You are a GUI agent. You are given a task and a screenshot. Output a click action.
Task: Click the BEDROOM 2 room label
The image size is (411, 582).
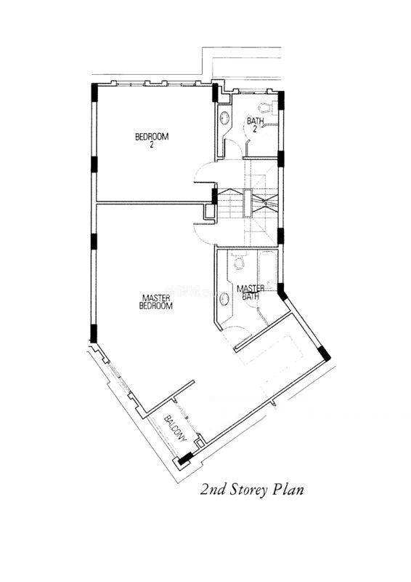point(152,140)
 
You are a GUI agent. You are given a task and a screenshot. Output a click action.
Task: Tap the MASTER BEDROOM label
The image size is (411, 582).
point(156,302)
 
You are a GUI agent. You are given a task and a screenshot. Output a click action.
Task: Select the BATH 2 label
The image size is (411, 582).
point(256,124)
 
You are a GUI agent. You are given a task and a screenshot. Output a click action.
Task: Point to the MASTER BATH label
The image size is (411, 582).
point(251,292)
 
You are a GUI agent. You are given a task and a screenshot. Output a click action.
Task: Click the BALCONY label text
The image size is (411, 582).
point(175,428)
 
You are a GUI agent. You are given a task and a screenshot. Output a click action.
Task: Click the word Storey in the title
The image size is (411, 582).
point(248,490)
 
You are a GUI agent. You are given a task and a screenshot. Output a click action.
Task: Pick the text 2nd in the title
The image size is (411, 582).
point(213,490)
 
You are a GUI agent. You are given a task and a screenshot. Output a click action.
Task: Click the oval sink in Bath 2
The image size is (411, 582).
point(224,118)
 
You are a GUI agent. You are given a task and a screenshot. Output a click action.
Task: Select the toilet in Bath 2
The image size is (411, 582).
point(266,108)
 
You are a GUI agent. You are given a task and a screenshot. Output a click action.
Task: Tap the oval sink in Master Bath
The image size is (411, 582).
point(224,299)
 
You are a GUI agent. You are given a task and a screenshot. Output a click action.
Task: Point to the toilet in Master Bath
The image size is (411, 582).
point(239,262)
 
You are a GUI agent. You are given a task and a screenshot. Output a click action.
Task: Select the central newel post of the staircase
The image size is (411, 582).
point(247,203)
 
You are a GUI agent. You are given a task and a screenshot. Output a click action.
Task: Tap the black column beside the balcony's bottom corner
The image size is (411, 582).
point(185,458)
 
